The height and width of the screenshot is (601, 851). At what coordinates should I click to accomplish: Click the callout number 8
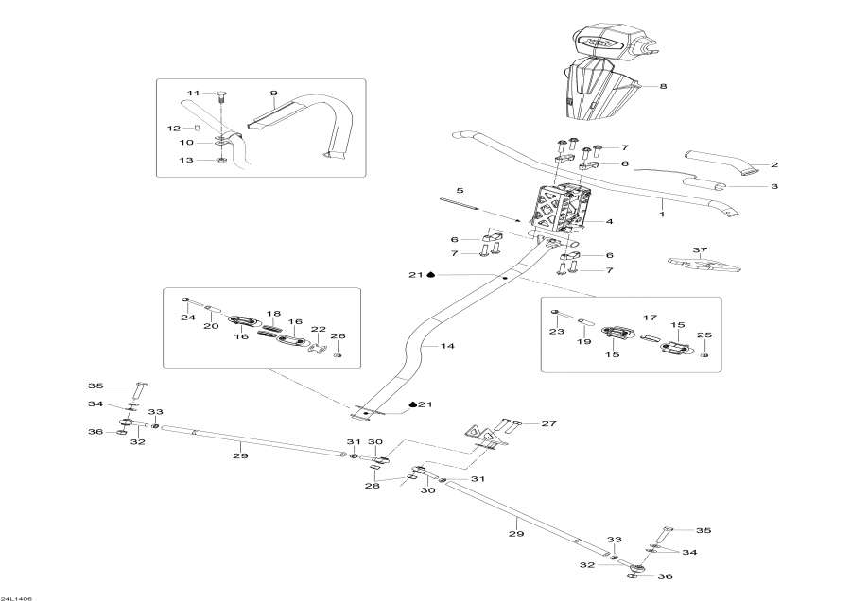click(x=663, y=87)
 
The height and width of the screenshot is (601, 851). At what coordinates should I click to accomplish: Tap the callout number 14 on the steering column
click(x=448, y=347)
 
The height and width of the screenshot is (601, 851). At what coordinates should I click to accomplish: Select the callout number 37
click(x=699, y=250)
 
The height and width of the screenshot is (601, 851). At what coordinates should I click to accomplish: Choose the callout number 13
click(x=187, y=161)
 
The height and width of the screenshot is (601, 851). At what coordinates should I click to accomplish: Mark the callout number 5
click(x=460, y=191)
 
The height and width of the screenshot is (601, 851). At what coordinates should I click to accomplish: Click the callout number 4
click(x=610, y=222)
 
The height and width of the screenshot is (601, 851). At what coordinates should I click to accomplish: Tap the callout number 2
click(x=773, y=164)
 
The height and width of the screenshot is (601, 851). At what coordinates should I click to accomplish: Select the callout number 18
click(x=273, y=313)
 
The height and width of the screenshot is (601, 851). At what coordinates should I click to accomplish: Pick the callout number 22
click(x=319, y=330)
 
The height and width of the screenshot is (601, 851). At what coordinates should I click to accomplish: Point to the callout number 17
click(x=650, y=318)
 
